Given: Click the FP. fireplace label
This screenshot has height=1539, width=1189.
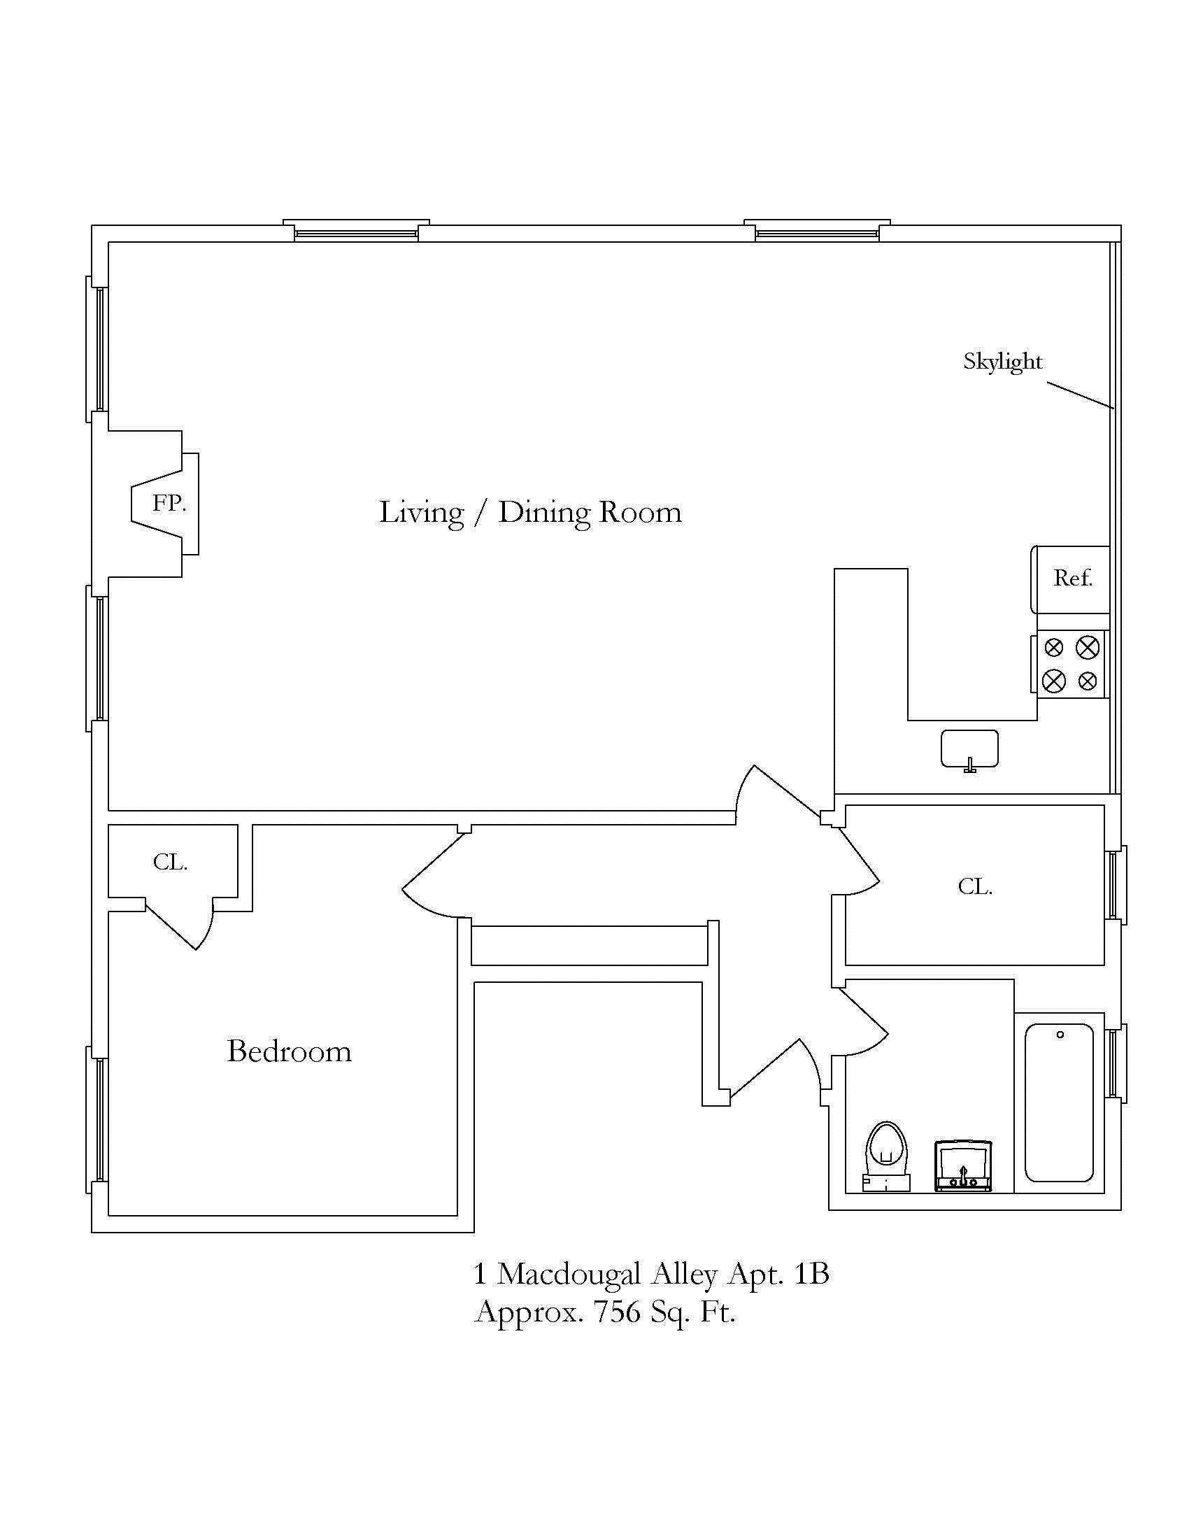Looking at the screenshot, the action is pos(170,503).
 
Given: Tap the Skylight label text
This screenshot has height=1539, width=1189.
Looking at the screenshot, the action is pos(1002,362).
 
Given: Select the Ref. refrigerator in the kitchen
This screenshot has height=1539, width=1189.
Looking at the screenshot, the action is pos(1070,579).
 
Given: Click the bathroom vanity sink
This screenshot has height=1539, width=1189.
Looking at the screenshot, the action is pos(962,1166).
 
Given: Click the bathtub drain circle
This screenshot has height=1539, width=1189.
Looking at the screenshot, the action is pos(1060,1035).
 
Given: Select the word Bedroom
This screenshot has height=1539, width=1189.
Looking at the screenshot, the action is pos(290,1051).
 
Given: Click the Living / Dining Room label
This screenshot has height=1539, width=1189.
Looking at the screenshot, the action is pos(530,512).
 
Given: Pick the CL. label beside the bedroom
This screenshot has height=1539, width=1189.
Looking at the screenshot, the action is pos(171,862).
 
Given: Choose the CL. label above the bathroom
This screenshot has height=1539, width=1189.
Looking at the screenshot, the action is pos(975,886).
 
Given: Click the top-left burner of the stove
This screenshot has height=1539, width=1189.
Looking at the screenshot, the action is pos(1054,647).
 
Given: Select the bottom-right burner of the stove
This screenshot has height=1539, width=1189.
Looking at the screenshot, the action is pos(1088,681).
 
